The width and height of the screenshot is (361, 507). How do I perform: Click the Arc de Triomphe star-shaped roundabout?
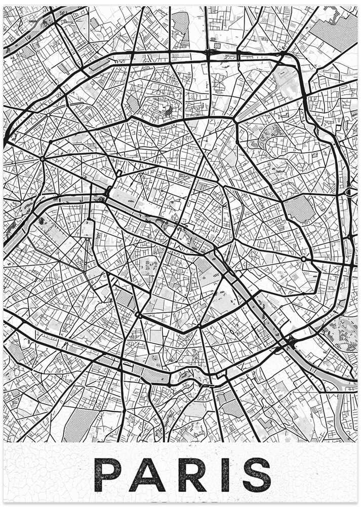(x=42, y=159)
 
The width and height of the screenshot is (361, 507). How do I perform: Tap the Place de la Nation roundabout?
(x=303, y=259)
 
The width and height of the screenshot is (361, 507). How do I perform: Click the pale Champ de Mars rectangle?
(x=87, y=228)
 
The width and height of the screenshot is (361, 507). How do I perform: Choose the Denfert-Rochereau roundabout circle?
(x=138, y=315)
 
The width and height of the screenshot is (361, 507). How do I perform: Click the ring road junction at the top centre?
(x=209, y=52)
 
